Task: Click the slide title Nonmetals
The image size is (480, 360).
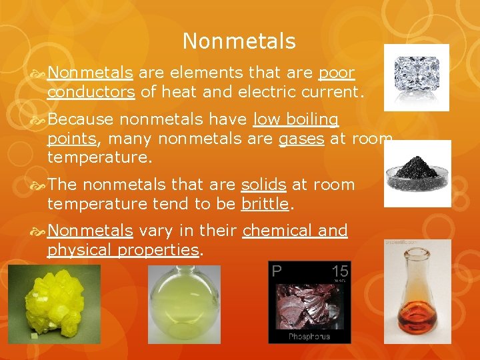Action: (x=239, y=41)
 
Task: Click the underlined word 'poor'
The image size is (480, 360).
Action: (x=337, y=72)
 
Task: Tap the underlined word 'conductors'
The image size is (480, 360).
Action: (x=91, y=91)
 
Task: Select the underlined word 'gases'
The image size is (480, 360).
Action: (x=301, y=139)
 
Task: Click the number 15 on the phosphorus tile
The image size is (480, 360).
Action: (x=339, y=271)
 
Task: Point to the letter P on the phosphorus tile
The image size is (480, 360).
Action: (x=277, y=271)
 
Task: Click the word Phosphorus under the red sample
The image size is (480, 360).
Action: (x=309, y=337)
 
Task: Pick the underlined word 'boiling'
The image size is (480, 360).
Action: (x=313, y=120)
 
